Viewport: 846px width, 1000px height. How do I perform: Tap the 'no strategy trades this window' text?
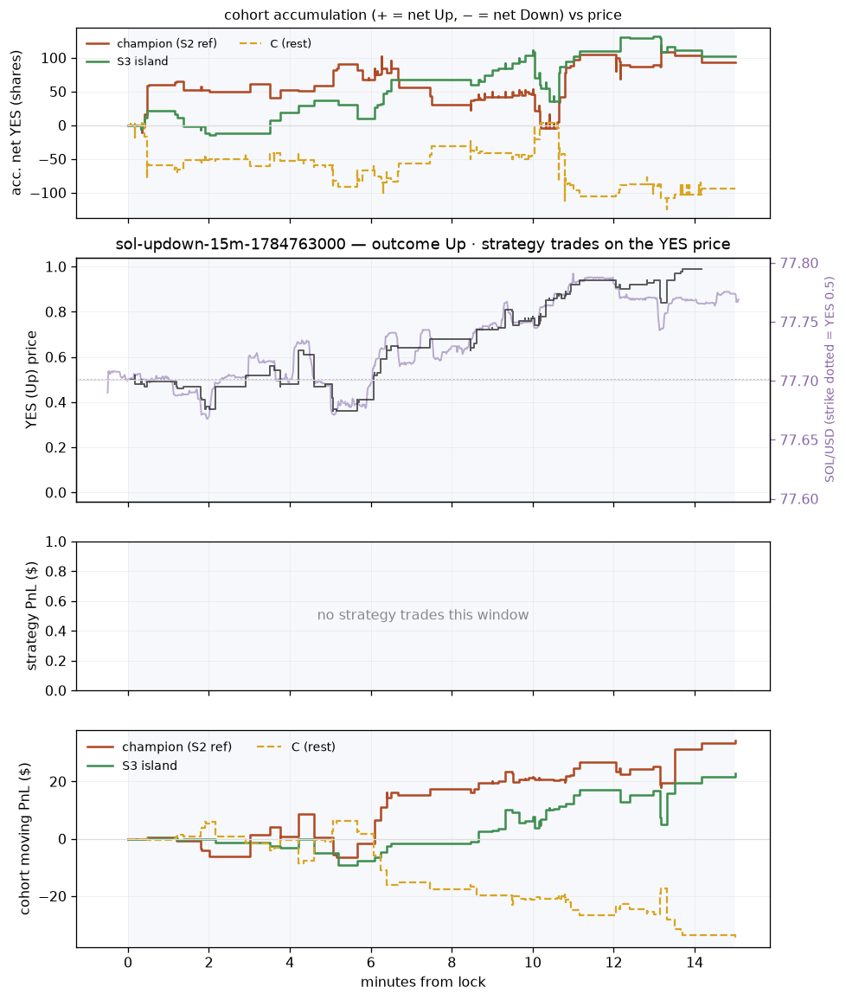coord(423,615)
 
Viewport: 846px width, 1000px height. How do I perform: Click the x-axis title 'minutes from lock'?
coord(423,982)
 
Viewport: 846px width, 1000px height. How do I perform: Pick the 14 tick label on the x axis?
coord(695,963)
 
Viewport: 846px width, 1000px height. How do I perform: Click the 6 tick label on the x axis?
coord(371,963)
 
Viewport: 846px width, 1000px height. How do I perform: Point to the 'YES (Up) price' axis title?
coord(31,380)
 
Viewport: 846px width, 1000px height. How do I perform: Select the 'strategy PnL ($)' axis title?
coord(31,616)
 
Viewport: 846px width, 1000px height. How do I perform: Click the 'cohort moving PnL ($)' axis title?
coord(25,838)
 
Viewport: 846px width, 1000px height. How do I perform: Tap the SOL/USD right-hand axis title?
coord(830,380)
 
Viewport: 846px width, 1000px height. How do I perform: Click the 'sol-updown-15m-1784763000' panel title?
coord(231,244)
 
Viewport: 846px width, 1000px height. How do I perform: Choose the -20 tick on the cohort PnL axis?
coord(54,897)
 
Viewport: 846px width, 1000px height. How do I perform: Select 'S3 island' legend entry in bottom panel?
coord(150,766)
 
